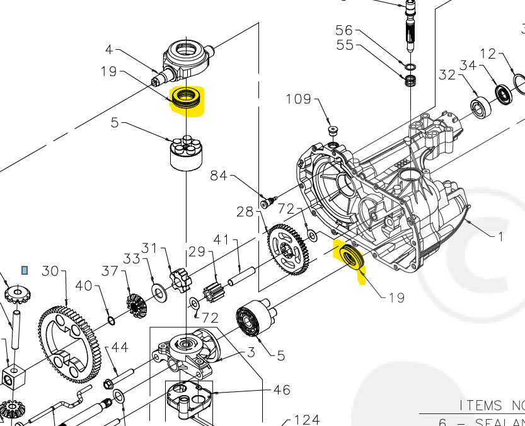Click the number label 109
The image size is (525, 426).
[299, 99]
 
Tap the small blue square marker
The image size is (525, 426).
[25, 270]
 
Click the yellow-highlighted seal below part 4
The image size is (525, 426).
[187, 99]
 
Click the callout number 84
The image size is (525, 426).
[219, 175]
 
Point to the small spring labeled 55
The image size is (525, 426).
[411, 81]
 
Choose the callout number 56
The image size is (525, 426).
[344, 30]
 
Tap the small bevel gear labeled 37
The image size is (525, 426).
[137, 304]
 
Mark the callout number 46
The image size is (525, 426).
[281, 390]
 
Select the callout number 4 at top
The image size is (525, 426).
[109, 49]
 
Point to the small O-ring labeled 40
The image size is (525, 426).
[112, 321]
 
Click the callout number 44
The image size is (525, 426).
[120, 347]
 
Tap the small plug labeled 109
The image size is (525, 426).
[333, 130]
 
